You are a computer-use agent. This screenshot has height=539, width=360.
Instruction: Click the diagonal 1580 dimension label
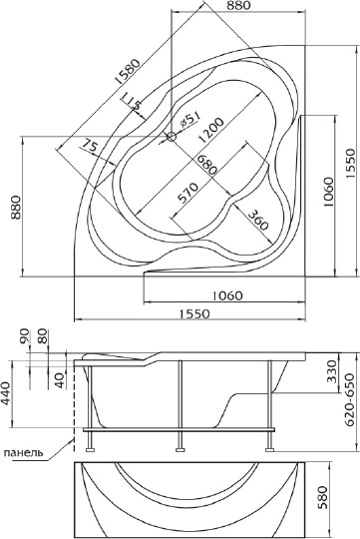(128, 72)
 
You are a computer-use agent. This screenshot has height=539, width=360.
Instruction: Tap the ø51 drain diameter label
(189, 119)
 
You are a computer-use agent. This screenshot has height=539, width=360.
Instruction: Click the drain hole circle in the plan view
(172, 137)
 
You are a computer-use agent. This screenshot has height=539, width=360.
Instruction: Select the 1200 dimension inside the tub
(210, 131)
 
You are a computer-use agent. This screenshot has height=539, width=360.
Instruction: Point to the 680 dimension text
(205, 165)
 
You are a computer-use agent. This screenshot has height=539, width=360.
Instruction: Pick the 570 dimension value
(187, 194)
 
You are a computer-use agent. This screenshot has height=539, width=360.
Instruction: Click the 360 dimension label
(257, 220)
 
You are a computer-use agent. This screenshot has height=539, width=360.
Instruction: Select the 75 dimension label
(89, 146)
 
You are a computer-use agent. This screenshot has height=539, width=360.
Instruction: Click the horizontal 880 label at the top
(238, 5)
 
